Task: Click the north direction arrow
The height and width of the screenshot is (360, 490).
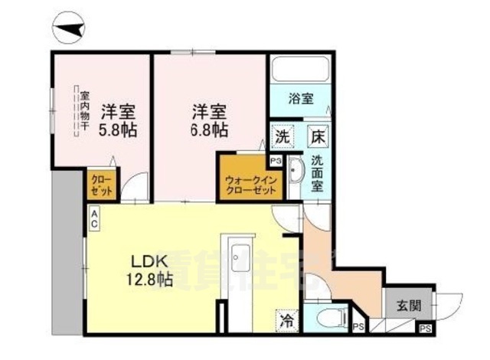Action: [x=70, y=30]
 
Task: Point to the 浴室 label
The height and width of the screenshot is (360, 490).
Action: [x=300, y=99]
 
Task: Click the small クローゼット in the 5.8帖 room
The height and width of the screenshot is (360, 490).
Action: [x=100, y=185]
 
